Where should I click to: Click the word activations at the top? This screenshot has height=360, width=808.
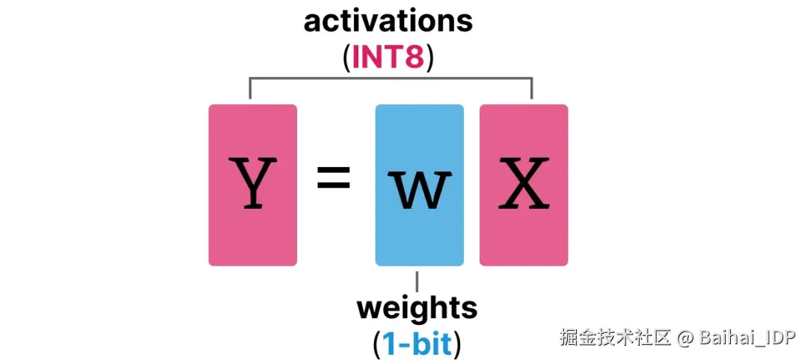[x=388, y=21]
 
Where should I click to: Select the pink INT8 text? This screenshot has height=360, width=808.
[x=388, y=57]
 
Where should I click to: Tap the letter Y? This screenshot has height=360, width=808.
[x=252, y=183]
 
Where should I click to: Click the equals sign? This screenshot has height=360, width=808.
[x=334, y=180]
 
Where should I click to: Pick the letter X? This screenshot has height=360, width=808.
[x=524, y=183]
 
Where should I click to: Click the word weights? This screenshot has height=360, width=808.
[x=417, y=308]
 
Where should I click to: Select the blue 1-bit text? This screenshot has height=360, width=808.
[x=417, y=344]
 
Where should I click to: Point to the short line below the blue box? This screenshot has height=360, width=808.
[x=417, y=281]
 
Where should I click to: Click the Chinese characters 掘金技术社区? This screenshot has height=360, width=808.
[x=615, y=338]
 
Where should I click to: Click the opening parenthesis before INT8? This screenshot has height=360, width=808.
[x=346, y=58]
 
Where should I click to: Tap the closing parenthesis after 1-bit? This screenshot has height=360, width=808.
[x=456, y=344]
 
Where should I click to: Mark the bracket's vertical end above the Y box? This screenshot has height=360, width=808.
[x=250, y=88]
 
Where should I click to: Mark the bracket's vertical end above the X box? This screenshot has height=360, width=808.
[x=531, y=88]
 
